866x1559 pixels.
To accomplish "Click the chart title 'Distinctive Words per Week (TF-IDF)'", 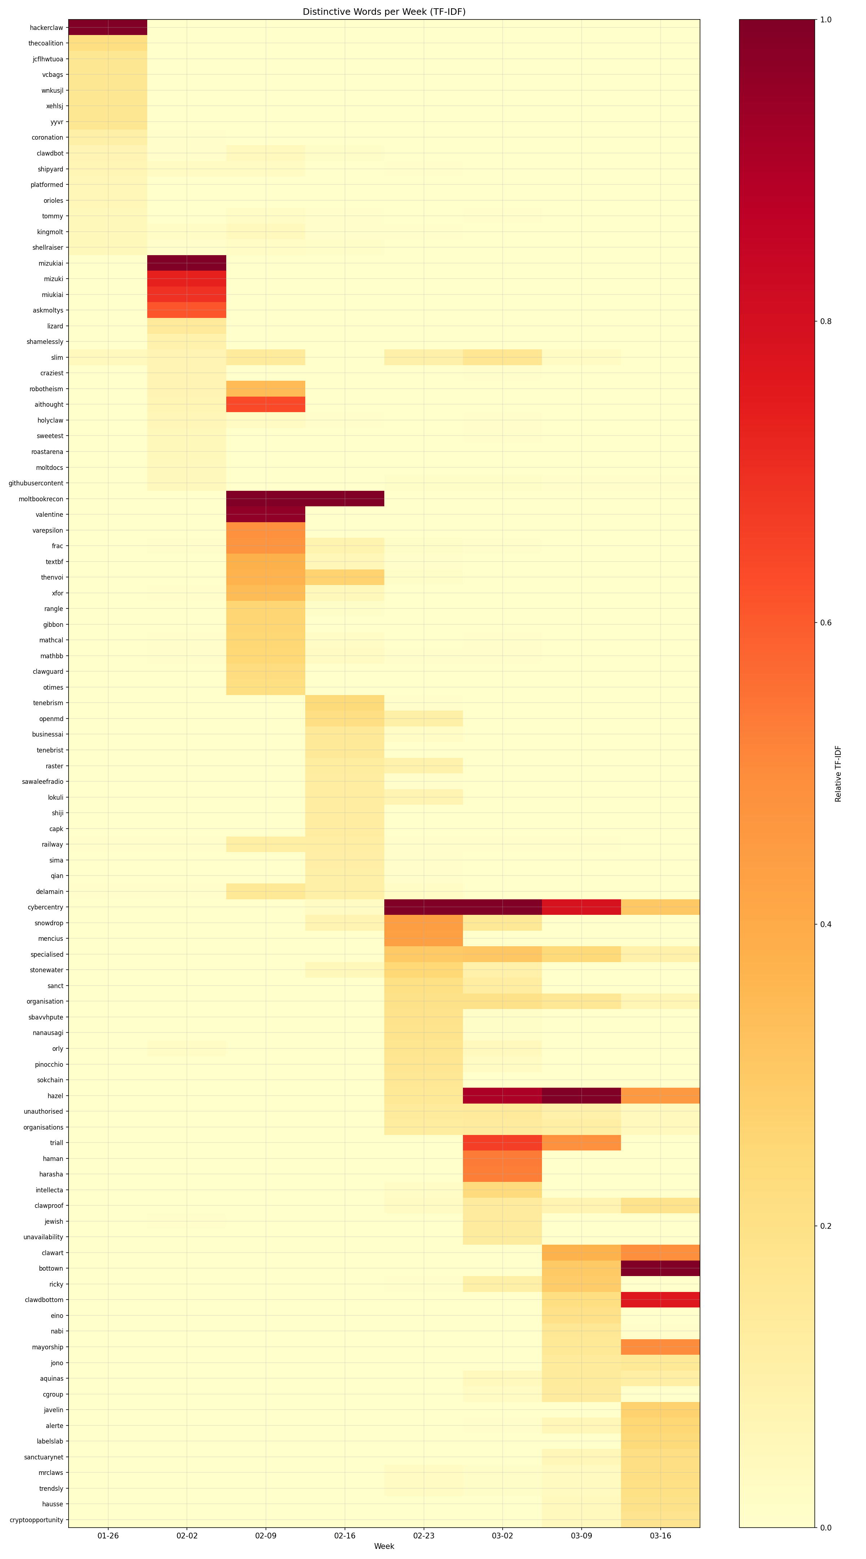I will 384,12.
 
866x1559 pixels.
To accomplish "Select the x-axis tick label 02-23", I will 424,1536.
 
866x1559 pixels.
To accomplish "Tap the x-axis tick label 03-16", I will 660,1536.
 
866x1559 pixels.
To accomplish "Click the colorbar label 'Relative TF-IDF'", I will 838,773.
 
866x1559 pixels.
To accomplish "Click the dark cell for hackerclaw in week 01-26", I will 108,27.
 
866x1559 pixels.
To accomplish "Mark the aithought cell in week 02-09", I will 266,404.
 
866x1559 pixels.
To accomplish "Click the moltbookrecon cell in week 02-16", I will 344,499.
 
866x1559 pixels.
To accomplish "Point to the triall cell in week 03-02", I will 502,1143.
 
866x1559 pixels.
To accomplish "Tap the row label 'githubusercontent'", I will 36,483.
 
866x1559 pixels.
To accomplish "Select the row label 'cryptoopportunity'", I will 36,1520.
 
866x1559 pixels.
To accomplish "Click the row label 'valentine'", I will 49,514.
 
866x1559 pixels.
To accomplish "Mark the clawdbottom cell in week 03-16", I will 660,1300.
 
